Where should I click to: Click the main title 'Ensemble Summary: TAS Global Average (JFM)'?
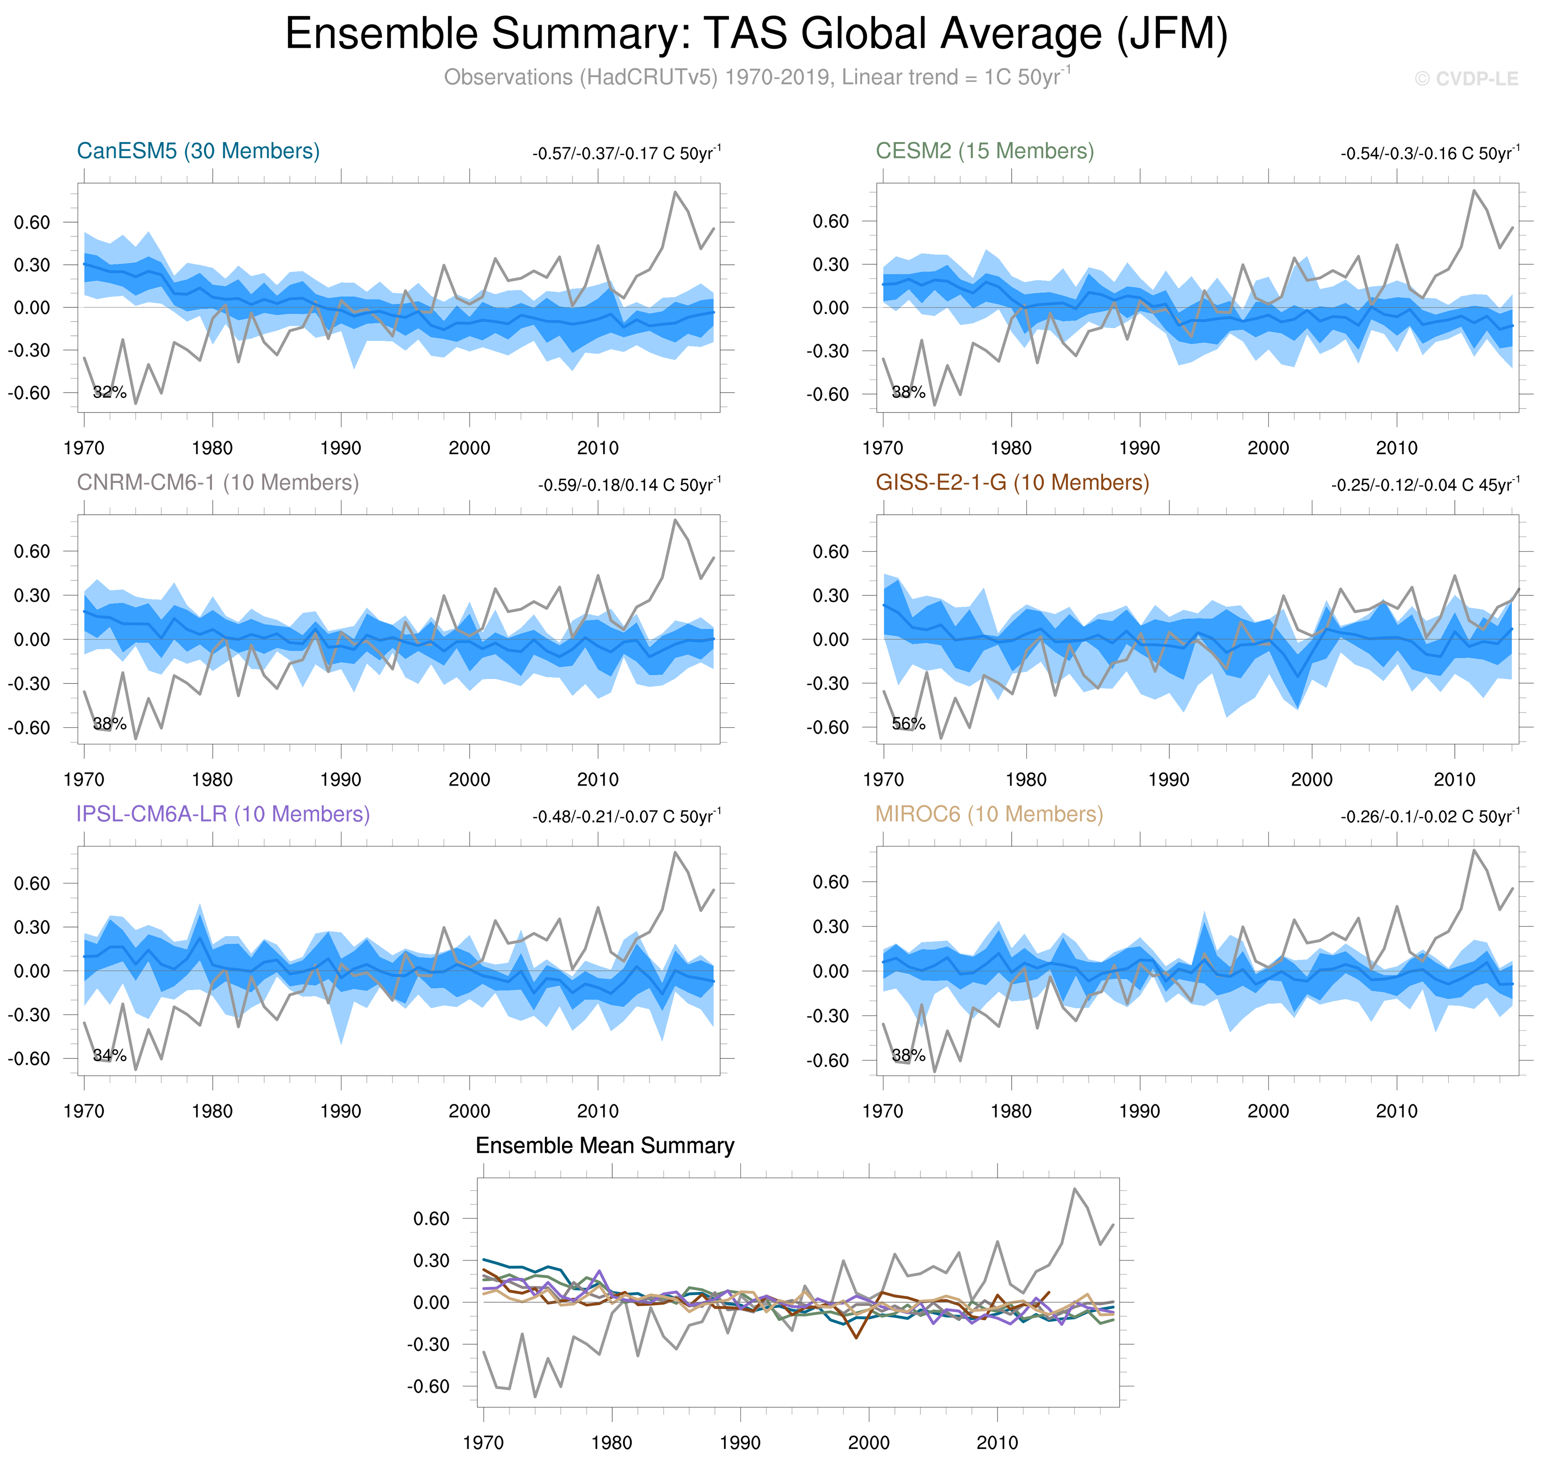coord(756,35)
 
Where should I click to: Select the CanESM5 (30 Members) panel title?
coord(198,151)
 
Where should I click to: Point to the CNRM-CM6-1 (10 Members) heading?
coord(218,482)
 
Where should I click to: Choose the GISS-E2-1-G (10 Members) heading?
coord(1012,482)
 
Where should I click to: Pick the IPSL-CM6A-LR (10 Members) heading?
coord(223,814)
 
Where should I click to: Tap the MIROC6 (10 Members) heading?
coord(989,814)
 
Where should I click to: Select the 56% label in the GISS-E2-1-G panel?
coord(908,724)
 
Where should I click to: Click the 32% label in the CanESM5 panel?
coord(109,392)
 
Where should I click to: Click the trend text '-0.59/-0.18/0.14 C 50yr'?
coord(629,485)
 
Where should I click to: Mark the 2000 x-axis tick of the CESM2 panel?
coord(1267,448)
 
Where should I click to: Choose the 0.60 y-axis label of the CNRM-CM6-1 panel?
coord(31,551)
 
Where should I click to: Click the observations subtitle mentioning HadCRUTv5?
coord(756,77)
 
